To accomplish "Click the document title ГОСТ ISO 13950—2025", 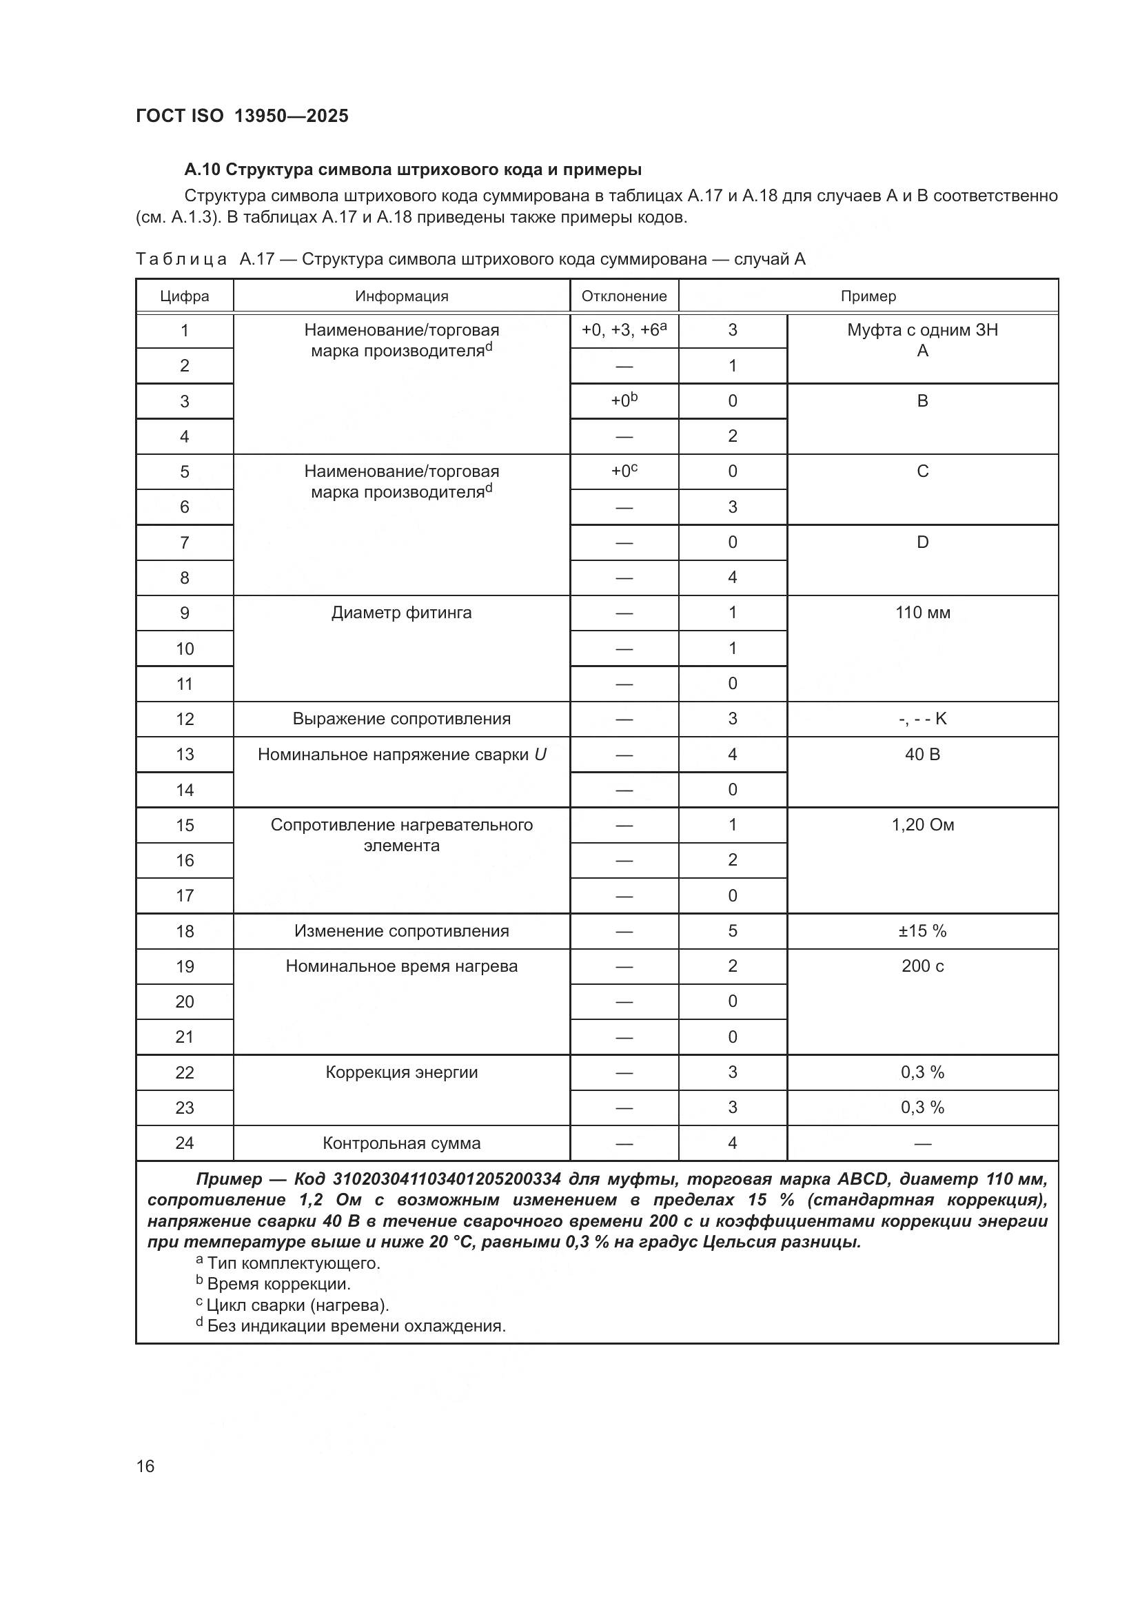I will (x=241, y=116).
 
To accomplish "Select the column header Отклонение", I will (x=623, y=296).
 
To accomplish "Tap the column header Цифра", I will (x=185, y=296).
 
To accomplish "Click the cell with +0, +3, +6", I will (x=623, y=330).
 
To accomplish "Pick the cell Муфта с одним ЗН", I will (x=922, y=330).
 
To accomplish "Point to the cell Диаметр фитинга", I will (x=401, y=613).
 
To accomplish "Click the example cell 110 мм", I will (x=922, y=613).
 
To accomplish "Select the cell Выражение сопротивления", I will (x=401, y=719).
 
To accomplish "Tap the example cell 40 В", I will (x=922, y=755).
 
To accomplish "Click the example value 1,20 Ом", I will (x=922, y=825).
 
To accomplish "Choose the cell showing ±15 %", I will (x=922, y=931).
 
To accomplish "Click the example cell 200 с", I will (x=922, y=966).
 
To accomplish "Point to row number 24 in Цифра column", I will (x=185, y=1143).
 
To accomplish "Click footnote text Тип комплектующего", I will (x=293, y=1264).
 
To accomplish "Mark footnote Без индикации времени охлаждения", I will (x=356, y=1326).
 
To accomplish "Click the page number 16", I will (x=145, y=1467).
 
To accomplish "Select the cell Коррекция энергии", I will (x=401, y=1073).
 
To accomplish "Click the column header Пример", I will (x=868, y=296).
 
